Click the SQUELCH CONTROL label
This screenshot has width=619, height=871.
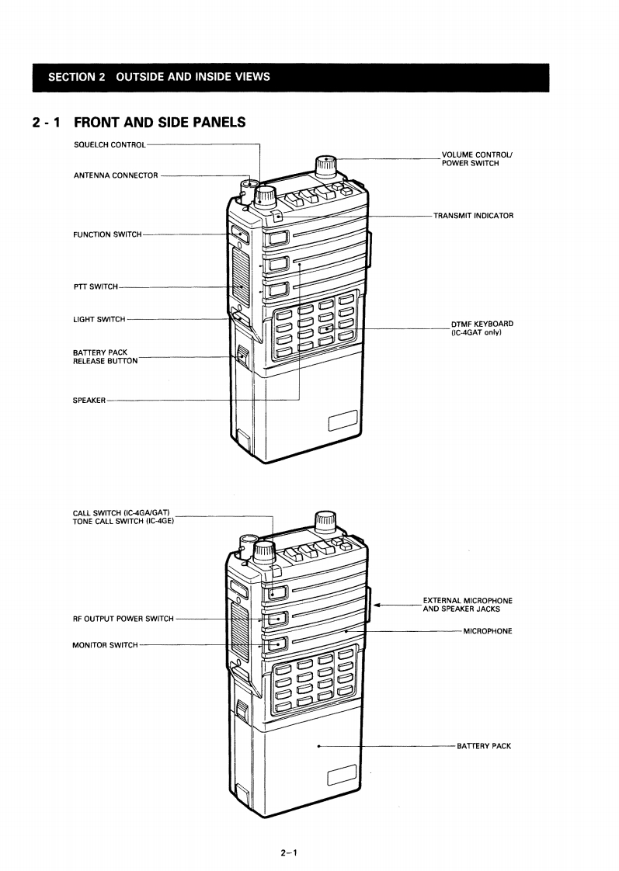pyautogui.click(x=109, y=144)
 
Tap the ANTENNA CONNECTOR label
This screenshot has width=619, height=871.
pyautogui.click(x=116, y=175)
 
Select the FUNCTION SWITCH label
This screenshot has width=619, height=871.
pyautogui.click(x=107, y=234)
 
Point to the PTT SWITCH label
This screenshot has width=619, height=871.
pyautogui.click(x=96, y=287)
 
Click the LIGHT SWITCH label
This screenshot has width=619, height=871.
pyautogui.click(x=99, y=319)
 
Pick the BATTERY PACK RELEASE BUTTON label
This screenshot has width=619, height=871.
pyautogui.click(x=105, y=357)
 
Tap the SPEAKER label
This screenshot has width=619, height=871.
pyautogui.click(x=89, y=401)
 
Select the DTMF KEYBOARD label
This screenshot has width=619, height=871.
pyautogui.click(x=482, y=328)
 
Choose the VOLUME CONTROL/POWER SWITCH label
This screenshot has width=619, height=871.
pyautogui.click(x=477, y=159)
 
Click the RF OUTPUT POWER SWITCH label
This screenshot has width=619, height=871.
pyautogui.click(x=123, y=619)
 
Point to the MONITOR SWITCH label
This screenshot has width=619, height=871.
pyautogui.click(x=105, y=645)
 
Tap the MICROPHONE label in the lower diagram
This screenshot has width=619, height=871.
pyautogui.click(x=487, y=631)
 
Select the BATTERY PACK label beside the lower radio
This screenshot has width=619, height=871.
pyautogui.click(x=483, y=747)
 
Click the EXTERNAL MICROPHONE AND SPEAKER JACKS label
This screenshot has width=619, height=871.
pyautogui.click(x=467, y=605)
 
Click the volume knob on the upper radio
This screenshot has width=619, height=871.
pyautogui.click(x=325, y=165)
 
